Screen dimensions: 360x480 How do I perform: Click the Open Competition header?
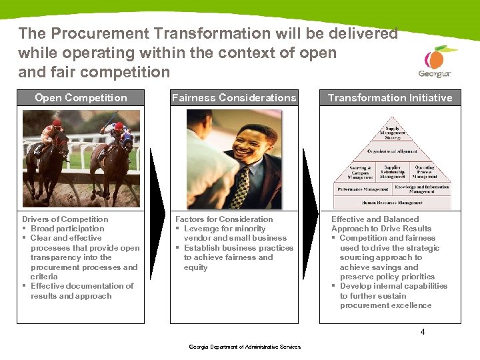(x=81, y=98)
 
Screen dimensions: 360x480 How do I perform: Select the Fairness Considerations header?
(x=234, y=98)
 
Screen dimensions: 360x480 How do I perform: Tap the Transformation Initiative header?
(x=390, y=98)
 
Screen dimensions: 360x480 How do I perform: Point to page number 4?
(x=423, y=332)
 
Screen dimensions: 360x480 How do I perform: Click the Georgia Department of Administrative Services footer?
(x=245, y=347)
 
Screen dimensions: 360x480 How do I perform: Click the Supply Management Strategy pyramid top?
(x=392, y=133)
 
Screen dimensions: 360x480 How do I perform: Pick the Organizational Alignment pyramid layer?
(x=392, y=151)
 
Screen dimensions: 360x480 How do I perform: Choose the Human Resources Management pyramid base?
(x=392, y=202)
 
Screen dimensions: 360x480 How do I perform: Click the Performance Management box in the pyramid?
(x=363, y=189)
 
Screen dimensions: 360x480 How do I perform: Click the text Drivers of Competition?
(x=65, y=219)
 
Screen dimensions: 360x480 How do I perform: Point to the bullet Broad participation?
(x=67, y=229)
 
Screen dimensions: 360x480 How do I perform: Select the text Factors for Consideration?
(x=224, y=219)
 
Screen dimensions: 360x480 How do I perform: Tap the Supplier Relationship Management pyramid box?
(x=392, y=172)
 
